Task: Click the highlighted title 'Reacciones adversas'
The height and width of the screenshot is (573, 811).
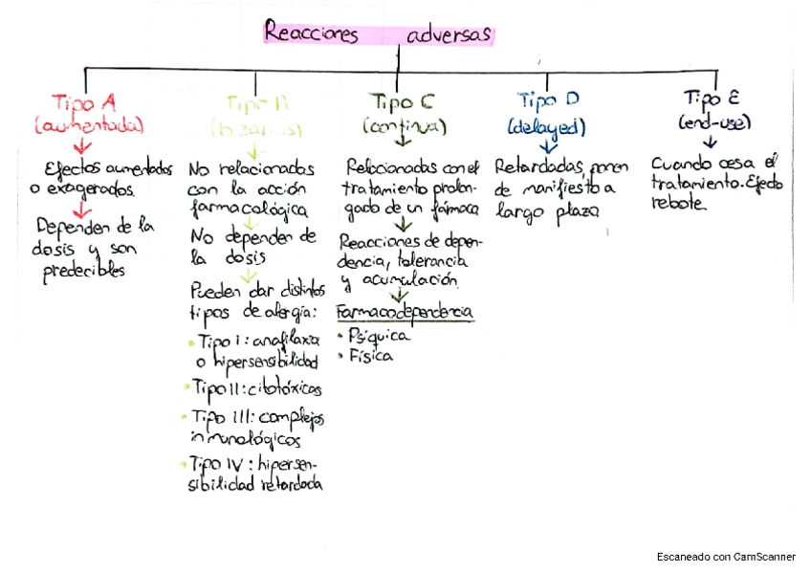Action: pyautogui.click(x=378, y=34)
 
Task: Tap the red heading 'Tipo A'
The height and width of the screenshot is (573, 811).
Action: pyautogui.click(x=84, y=103)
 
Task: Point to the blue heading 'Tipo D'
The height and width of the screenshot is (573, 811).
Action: pyautogui.click(x=548, y=100)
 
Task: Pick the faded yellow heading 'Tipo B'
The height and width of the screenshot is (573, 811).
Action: pyautogui.click(x=257, y=103)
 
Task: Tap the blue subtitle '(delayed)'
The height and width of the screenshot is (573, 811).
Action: pyautogui.click(x=547, y=126)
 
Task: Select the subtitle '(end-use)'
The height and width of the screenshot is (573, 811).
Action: pyautogui.click(x=714, y=123)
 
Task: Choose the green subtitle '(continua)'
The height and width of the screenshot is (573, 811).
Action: pyautogui.click(x=405, y=126)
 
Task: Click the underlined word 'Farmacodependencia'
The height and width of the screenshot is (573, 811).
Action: pyautogui.click(x=405, y=314)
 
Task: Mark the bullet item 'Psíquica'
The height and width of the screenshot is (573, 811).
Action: pyautogui.click(x=379, y=336)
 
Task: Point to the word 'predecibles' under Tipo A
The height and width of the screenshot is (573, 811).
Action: pyautogui.click(x=83, y=272)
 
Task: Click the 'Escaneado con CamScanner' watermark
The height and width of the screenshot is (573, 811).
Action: pyautogui.click(x=726, y=556)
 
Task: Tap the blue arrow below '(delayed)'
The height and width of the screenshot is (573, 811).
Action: pyautogui.click(x=548, y=146)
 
